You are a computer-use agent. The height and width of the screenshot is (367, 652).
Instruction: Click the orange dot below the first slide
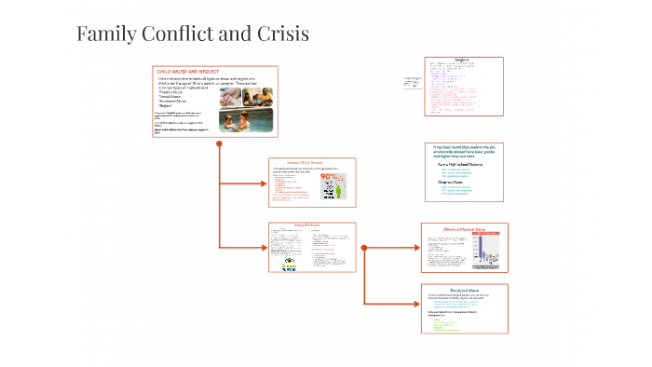tap(219, 144)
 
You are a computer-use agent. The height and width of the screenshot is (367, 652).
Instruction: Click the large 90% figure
tap(329, 177)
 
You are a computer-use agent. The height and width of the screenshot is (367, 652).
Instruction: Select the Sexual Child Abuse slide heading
tap(312, 162)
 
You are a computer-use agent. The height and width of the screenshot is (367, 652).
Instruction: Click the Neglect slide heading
tap(461, 61)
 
